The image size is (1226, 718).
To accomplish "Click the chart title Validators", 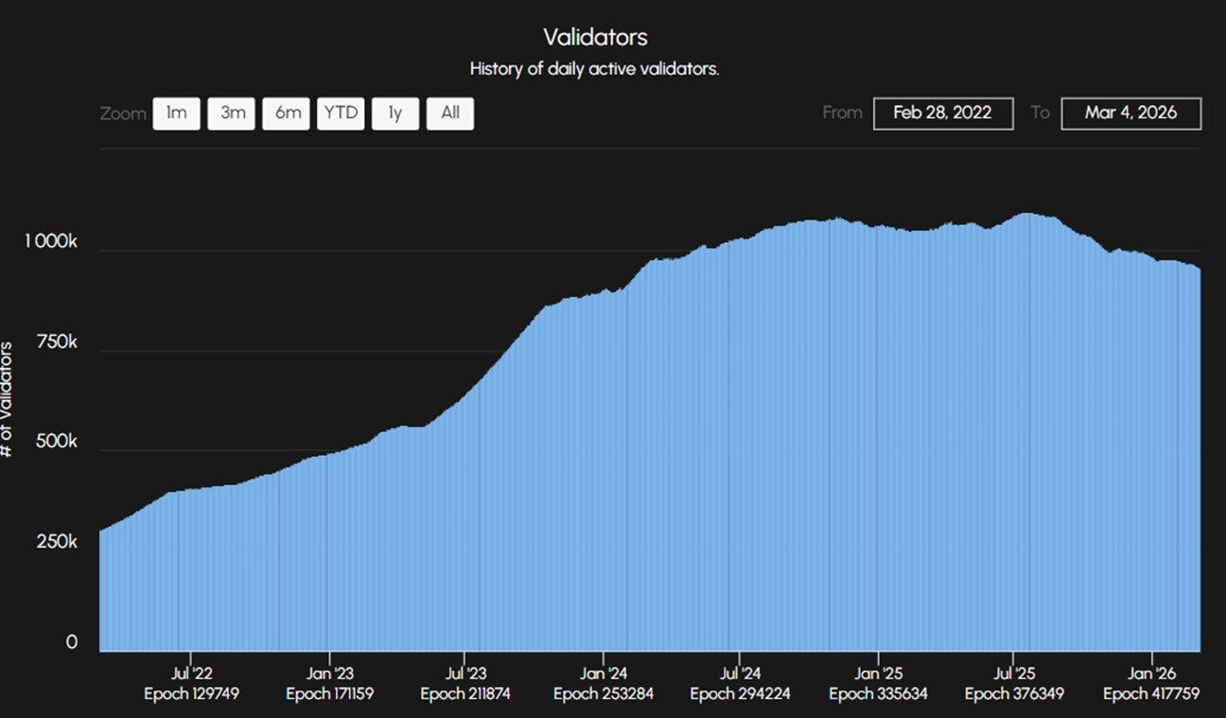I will tap(595, 37).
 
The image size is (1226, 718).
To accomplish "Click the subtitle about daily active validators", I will tap(594, 69).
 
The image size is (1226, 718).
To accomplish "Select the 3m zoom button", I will tap(232, 114).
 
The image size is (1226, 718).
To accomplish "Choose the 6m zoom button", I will tap(287, 114).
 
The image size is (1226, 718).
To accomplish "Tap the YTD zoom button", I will tap(341, 114).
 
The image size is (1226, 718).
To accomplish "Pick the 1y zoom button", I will tap(395, 114).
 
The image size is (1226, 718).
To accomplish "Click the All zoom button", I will tap(450, 114).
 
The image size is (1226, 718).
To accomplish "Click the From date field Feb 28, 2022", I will tap(942, 114).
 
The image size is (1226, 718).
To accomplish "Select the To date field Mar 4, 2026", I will tap(1130, 114).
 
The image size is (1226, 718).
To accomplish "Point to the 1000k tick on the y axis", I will tap(50, 242).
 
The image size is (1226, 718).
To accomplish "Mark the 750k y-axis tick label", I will tap(58, 342).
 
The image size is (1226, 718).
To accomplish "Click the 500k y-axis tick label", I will tap(58, 443).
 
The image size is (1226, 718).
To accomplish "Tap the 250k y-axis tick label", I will tap(58, 542).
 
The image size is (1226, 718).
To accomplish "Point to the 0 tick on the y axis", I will tap(71, 643).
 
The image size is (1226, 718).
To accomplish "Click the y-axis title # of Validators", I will tap(8, 399).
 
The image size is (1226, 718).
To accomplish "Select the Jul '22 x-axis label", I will tap(192, 674).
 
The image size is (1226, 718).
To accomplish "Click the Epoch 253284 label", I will tap(604, 694).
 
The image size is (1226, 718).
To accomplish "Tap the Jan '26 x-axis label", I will tap(1151, 674).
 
